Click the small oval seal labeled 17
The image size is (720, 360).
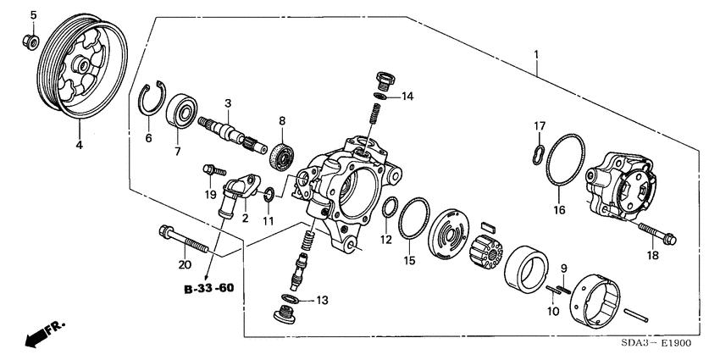(537, 153)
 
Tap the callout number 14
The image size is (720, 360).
(407, 96)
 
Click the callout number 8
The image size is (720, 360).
(282, 120)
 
